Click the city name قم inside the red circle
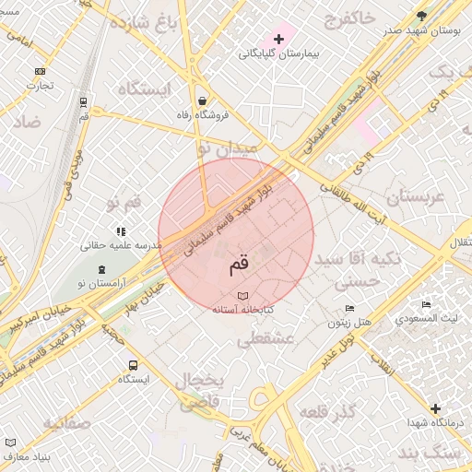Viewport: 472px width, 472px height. (x=238, y=265)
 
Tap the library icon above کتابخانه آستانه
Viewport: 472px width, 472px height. (x=242, y=295)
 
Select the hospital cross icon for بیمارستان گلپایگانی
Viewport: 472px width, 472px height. (x=278, y=39)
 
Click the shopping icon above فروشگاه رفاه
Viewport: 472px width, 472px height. (x=202, y=100)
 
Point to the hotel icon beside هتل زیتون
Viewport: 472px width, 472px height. (x=349, y=309)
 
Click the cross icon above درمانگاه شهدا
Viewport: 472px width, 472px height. (x=435, y=407)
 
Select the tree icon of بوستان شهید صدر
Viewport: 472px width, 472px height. (x=422, y=16)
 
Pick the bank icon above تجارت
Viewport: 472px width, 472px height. (x=40, y=71)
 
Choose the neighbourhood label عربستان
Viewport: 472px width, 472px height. (x=415, y=196)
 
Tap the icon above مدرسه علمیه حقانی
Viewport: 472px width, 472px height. (x=120, y=231)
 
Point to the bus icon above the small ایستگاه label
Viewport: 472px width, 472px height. (x=134, y=365)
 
